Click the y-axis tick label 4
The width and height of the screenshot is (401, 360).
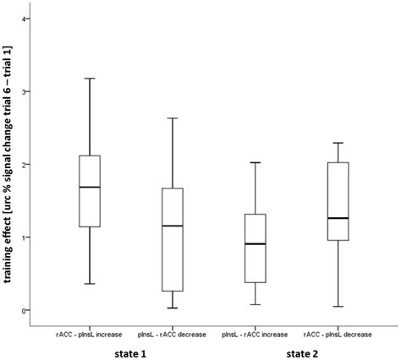point(26,19)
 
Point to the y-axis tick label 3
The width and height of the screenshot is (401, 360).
point(26,91)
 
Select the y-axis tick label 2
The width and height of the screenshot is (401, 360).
point(26,164)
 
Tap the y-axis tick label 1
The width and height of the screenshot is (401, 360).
point(26,237)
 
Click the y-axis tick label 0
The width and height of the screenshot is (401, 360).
point(26,310)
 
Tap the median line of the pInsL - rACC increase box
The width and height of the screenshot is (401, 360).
point(254,243)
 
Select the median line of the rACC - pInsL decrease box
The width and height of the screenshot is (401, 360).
point(338,218)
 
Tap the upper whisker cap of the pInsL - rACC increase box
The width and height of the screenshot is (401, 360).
point(254,162)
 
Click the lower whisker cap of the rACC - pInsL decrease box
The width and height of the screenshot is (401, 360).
point(338,307)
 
